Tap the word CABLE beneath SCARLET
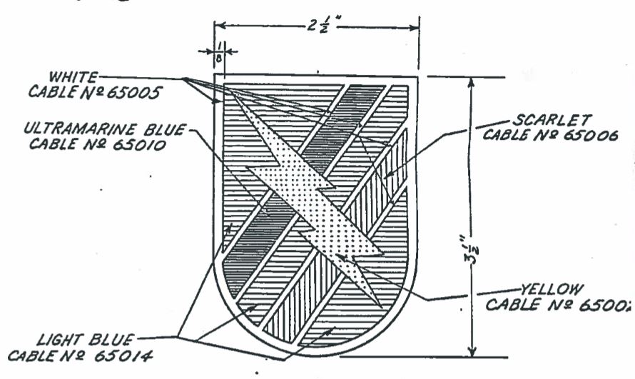click(505, 134)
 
